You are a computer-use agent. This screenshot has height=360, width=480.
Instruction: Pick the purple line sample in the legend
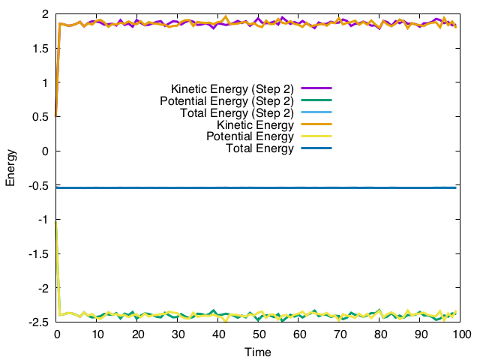click(x=316, y=88)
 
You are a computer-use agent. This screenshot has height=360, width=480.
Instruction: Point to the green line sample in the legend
click(x=316, y=100)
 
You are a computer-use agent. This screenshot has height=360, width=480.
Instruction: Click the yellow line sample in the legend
click(x=316, y=136)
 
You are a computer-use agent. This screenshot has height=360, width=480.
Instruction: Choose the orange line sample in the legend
click(x=316, y=124)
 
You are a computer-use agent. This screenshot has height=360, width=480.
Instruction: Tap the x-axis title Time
click(x=259, y=351)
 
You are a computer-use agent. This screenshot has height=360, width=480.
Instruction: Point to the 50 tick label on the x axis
click(x=259, y=334)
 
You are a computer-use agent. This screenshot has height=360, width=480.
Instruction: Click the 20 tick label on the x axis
click(x=138, y=334)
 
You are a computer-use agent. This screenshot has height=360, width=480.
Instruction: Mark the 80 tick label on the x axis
click(x=380, y=334)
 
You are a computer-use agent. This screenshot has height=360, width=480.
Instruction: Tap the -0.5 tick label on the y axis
click(x=39, y=185)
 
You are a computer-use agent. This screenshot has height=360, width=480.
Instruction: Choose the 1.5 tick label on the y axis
click(x=41, y=49)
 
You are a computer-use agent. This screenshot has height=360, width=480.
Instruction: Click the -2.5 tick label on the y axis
click(x=39, y=322)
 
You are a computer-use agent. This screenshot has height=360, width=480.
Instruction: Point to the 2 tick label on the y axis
click(x=46, y=14)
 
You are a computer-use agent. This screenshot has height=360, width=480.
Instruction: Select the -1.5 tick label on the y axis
click(x=39, y=254)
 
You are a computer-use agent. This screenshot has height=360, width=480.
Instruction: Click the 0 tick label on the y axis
click(x=46, y=151)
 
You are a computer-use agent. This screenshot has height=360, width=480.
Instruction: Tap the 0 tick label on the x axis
click(x=57, y=334)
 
